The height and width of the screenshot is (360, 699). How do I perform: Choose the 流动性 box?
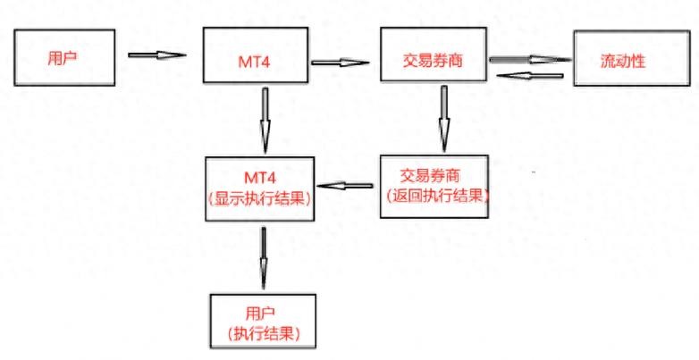[624, 61]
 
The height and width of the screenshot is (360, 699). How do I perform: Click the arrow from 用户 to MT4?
[157, 54]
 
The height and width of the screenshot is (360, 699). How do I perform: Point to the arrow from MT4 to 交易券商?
[341, 63]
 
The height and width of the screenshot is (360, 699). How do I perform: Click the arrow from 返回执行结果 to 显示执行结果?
[346, 187]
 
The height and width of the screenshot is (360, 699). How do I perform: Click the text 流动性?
[624, 61]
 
